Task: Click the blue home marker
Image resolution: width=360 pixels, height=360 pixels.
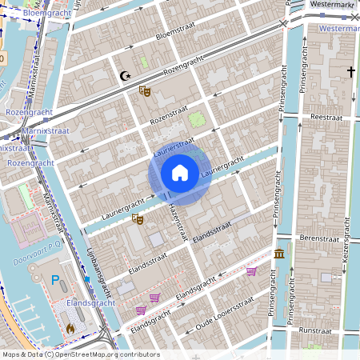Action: [x=180, y=173]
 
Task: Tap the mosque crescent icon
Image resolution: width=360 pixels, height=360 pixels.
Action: [x=124, y=77]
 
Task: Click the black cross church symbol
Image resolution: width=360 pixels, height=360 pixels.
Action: [x=350, y=72]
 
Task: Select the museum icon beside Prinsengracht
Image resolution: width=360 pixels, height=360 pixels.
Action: [x=279, y=254]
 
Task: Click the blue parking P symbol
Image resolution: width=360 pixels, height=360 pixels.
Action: [x=56, y=280]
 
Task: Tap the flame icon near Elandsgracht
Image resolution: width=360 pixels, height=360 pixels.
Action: [x=71, y=328]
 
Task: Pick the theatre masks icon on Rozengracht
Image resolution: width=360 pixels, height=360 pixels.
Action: [x=145, y=91]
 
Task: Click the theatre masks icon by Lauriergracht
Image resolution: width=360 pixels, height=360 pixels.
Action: [x=138, y=218]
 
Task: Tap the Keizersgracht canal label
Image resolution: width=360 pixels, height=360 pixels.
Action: [x=346, y=240]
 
